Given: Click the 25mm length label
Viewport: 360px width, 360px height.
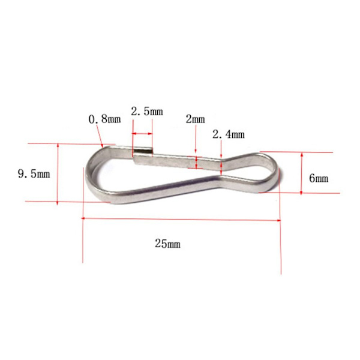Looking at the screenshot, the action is [x=167, y=244].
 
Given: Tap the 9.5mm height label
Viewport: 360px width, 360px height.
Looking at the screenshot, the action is [x=34, y=173].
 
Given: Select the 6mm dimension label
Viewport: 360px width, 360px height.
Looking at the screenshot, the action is [x=319, y=178].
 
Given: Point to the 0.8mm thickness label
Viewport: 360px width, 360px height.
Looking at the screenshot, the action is [x=104, y=119].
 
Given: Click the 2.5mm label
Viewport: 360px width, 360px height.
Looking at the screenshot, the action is [x=147, y=112].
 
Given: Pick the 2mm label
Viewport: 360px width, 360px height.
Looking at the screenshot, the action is [x=196, y=119].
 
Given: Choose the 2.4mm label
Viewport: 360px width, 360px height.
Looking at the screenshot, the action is [x=229, y=134].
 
